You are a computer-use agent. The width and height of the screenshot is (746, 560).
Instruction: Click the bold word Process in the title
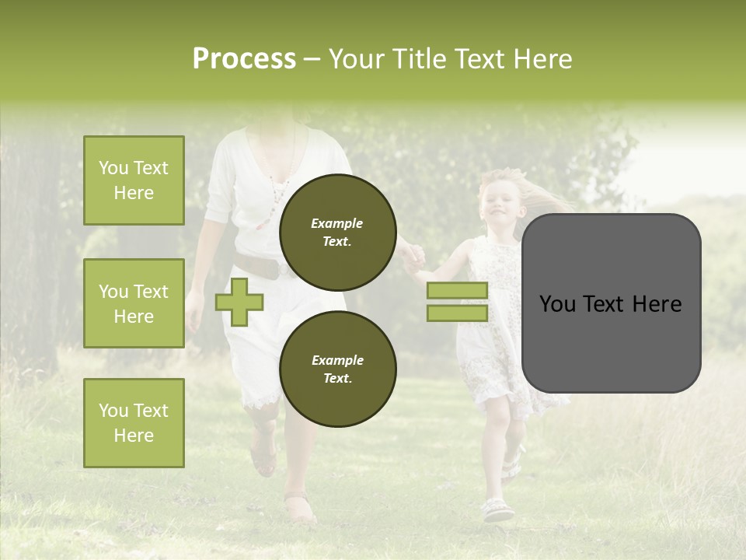point(244,59)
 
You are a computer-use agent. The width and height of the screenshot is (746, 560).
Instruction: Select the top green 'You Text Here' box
point(134,180)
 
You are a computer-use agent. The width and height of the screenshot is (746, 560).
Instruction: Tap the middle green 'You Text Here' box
point(134,303)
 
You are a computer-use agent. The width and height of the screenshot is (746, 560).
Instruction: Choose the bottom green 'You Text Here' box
point(134,423)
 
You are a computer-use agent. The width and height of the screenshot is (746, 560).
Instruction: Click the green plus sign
point(239,303)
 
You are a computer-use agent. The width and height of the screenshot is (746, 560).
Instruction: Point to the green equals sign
point(457,302)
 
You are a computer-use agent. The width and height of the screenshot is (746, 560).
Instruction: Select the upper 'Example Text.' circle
point(337,233)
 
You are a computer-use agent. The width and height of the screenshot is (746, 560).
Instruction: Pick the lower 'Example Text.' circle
point(337,369)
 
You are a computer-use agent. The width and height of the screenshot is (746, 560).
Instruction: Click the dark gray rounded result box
point(611,303)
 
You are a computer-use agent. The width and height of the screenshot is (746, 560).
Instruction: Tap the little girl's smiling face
point(497,204)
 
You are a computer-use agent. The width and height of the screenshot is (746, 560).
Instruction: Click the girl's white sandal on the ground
point(497,510)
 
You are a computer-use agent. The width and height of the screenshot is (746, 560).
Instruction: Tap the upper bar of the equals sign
point(457,291)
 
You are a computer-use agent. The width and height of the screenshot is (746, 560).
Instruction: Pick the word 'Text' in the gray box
point(611,304)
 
